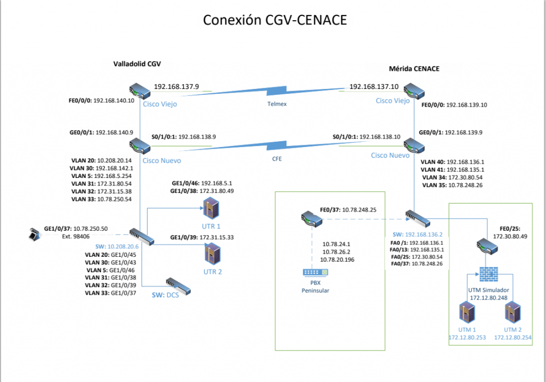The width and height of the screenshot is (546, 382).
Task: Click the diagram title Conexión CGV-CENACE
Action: (x=275, y=20)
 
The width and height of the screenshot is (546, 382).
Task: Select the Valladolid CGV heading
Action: (x=137, y=63)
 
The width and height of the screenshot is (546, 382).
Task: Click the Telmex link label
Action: (x=277, y=104)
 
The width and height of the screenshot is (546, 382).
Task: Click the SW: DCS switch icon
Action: (x=177, y=286)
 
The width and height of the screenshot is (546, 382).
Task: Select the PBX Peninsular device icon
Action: (x=315, y=272)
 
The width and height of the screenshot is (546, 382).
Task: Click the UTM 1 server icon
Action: (x=469, y=313)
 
